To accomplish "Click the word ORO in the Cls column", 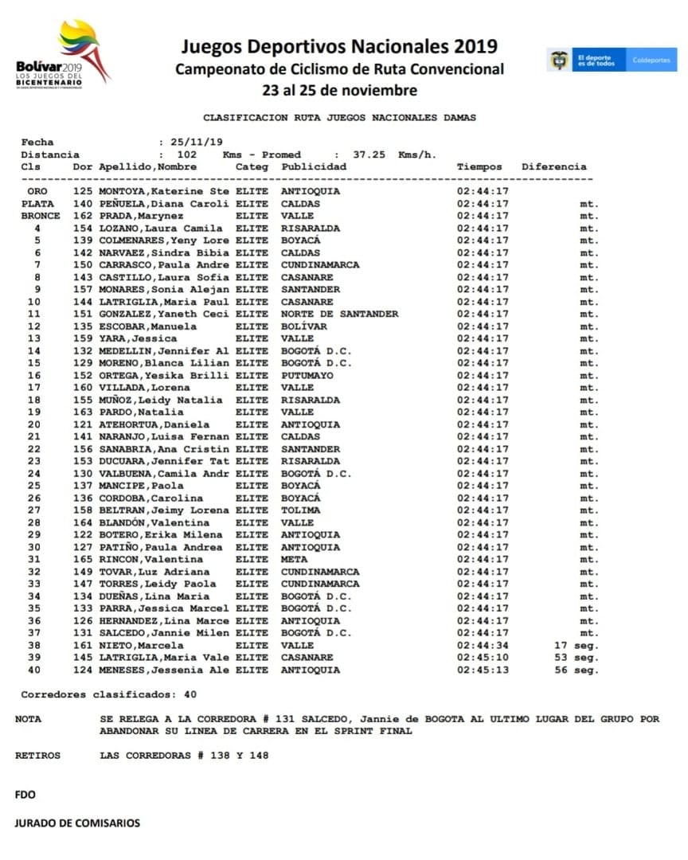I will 37,192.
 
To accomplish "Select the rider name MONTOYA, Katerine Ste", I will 164,192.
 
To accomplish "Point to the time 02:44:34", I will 483,645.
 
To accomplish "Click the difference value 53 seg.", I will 576,658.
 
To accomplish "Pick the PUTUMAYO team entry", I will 307,376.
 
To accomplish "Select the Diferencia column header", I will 553,167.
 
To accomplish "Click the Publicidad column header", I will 314,167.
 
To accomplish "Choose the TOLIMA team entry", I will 301,510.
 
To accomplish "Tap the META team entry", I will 294,560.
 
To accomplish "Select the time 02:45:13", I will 483,670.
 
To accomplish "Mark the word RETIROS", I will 37,756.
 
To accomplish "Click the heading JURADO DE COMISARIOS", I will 77,823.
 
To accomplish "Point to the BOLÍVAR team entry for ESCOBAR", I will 304,326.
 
